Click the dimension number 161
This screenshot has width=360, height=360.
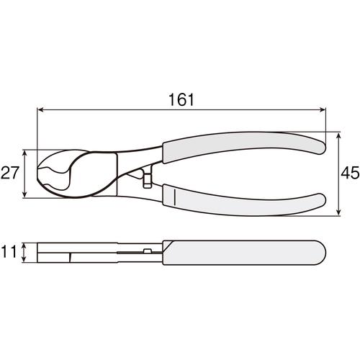[x=181, y=99]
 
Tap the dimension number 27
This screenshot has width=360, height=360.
[x=9, y=173]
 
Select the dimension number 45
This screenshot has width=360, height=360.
[x=351, y=173]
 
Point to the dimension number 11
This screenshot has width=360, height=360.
[x=9, y=251]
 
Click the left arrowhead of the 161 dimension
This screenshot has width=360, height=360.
[x=40, y=110]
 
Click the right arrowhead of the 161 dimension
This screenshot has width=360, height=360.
[x=323, y=110]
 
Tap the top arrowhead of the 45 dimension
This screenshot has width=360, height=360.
[x=338, y=135]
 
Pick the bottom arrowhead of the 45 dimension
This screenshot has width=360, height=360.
[x=338, y=212]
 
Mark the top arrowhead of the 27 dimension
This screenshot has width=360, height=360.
[x=24, y=153]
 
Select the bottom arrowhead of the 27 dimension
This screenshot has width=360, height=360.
[x=24, y=194]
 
